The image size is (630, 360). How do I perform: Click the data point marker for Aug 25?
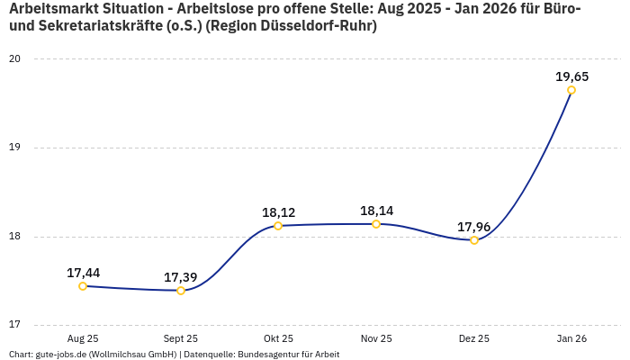point(83,286)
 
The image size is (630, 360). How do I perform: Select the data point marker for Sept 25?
point(181,291)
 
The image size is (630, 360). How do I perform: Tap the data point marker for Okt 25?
point(278,226)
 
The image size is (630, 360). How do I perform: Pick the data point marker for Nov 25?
point(376,224)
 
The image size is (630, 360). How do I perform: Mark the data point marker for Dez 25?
point(474,240)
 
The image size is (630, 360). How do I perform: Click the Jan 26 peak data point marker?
point(571,90)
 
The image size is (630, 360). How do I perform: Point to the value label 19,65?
point(571,76)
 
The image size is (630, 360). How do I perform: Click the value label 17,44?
point(83,273)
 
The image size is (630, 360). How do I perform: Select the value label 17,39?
point(181,277)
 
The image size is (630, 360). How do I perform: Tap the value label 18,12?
point(278,212)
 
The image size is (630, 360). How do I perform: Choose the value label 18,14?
point(376,211)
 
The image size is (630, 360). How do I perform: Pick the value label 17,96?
point(474,227)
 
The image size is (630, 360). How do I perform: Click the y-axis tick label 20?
point(15,59)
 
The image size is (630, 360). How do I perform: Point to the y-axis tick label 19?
point(15,148)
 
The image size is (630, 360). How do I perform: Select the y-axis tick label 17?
point(15,326)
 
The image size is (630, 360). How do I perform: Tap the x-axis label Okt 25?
point(278,338)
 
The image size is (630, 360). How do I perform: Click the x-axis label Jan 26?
point(571,338)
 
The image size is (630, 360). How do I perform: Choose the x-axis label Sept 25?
point(181,338)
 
